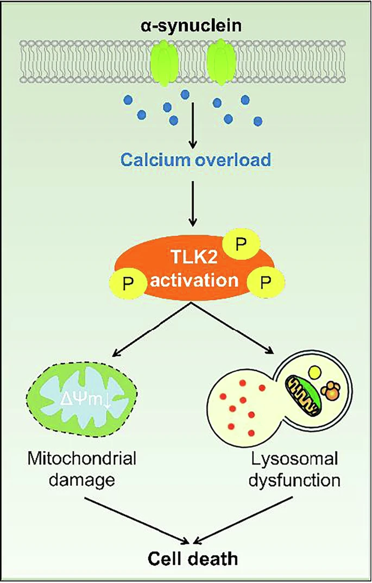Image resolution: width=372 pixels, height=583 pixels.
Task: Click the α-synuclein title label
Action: point(186,25)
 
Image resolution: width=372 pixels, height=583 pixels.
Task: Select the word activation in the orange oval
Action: point(196,281)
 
